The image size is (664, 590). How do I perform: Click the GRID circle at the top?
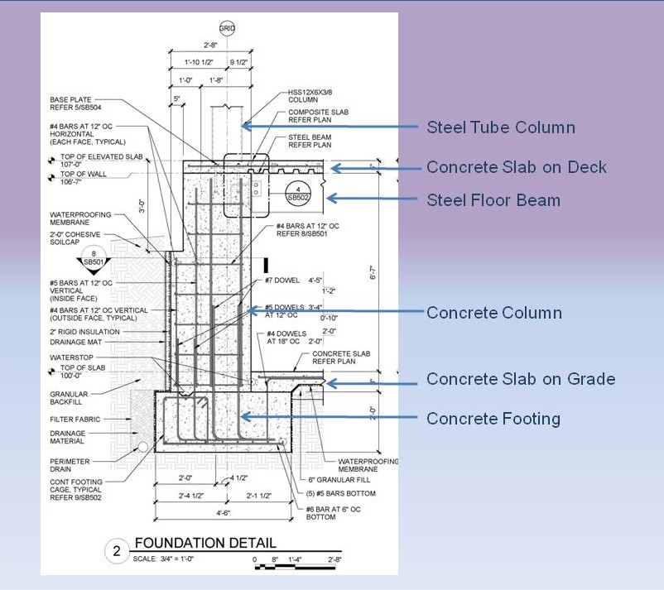(x=227, y=28)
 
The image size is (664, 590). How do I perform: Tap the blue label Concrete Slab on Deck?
(x=516, y=168)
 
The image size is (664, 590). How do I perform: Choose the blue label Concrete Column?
(x=493, y=313)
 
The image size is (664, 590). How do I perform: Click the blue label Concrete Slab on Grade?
(x=520, y=379)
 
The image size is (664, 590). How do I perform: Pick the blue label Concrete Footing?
(x=493, y=419)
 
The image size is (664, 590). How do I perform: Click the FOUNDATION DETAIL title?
(x=205, y=544)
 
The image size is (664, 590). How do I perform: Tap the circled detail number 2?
(x=117, y=550)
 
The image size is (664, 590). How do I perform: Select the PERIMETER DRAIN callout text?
(x=70, y=465)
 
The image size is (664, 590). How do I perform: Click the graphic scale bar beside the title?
(x=302, y=566)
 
